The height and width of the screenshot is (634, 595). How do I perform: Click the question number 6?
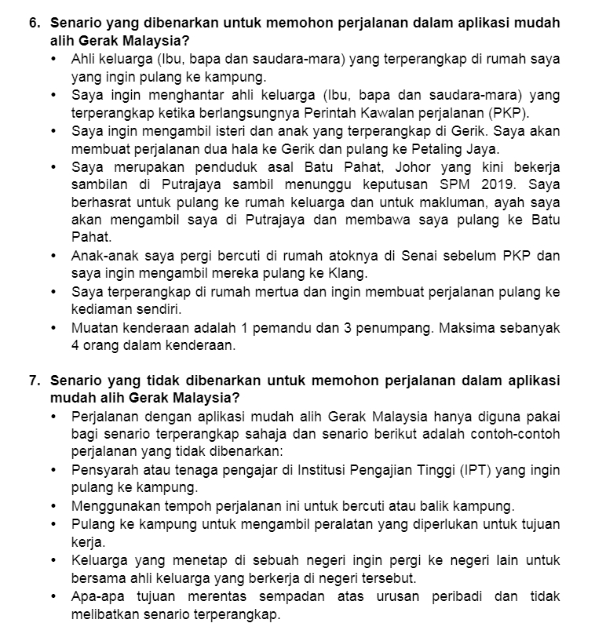tap(35, 24)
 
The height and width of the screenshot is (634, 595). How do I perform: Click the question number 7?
tap(35, 380)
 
